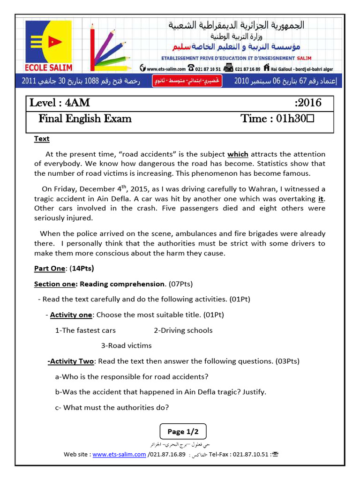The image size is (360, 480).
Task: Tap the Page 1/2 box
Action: coord(183,431)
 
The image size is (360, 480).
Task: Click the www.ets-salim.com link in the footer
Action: coord(119,454)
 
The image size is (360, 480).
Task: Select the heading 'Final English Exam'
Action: coord(85,119)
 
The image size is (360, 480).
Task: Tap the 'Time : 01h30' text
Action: coord(277,119)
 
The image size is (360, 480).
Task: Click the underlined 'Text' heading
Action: coord(42,139)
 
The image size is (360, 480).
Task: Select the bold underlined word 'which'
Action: coord(238,154)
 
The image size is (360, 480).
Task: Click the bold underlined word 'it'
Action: coord(321,198)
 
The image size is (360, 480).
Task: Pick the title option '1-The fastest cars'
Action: coord(85,330)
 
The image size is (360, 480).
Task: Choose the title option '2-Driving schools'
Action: coord(183,330)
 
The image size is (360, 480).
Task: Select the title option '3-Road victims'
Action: coord(127,345)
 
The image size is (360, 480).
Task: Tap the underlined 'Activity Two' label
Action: coord(71,361)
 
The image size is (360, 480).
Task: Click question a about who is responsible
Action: coord(132,376)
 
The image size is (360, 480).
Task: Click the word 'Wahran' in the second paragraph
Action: coord(255,189)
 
